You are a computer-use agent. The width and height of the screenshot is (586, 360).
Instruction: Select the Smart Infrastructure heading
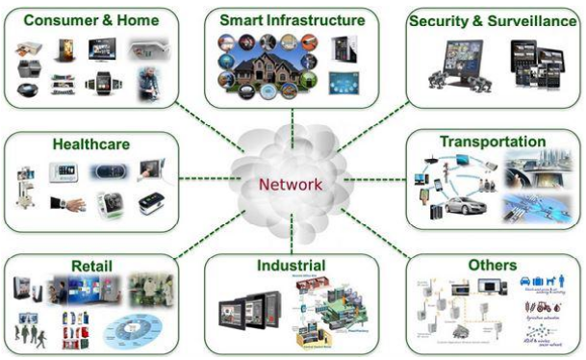(292, 19)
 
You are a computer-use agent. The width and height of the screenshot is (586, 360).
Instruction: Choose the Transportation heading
(493, 141)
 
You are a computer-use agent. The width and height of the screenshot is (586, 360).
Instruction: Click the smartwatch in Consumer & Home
(103, 83)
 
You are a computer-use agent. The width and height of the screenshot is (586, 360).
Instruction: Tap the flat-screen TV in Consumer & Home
(104, 48)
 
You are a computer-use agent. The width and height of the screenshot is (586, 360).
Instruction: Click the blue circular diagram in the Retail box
(126, 329)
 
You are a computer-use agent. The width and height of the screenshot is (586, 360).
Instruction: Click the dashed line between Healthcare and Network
(205, 178)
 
